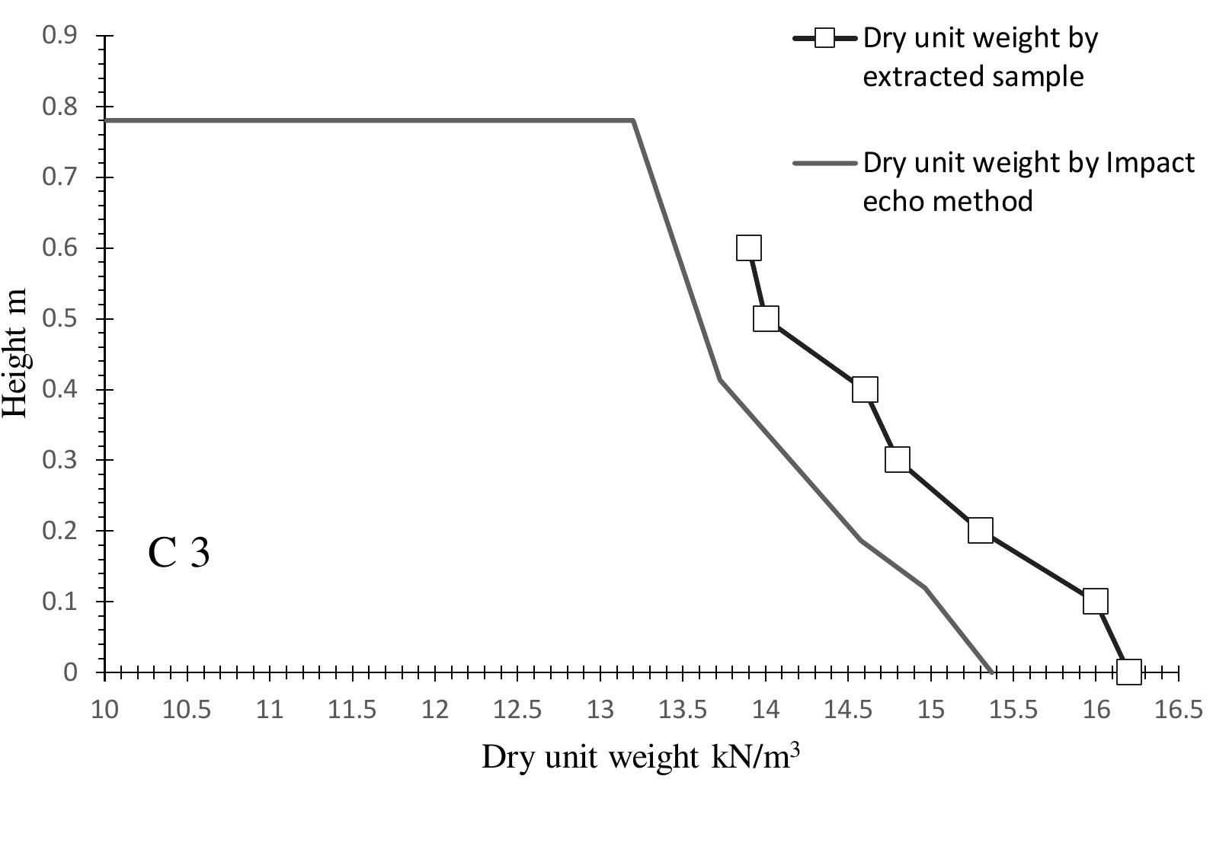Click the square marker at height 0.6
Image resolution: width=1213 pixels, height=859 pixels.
(x=749, y=247)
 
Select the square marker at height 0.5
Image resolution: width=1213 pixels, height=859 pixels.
(x=766, y=318)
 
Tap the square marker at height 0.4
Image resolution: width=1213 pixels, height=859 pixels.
(x=865, y=389)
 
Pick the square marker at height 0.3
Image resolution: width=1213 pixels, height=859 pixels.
(x=898, y=460)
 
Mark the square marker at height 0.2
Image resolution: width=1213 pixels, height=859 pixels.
(x=981, y=531)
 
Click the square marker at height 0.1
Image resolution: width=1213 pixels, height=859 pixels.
(x=1095, y=601)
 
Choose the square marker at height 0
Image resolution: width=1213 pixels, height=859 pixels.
(x=1128, y=672)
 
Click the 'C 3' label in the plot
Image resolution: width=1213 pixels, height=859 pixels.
(x=178, y=553)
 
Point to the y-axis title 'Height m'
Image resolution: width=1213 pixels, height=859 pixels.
(x=15, y=353)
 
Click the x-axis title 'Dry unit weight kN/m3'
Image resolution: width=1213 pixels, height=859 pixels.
(x=641, y=757)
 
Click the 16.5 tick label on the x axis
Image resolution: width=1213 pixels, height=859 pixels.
(x=1179, y=710)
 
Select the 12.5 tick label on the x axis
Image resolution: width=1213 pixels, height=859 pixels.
(x=517, y=710)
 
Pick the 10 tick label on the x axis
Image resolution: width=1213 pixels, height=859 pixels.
(x=104, y=710)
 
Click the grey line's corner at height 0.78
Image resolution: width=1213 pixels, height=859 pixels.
(x=633, y=120)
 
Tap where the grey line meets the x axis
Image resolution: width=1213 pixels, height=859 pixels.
(x=991, y=672)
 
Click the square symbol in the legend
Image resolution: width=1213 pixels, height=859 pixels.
(x=824, y=37)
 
